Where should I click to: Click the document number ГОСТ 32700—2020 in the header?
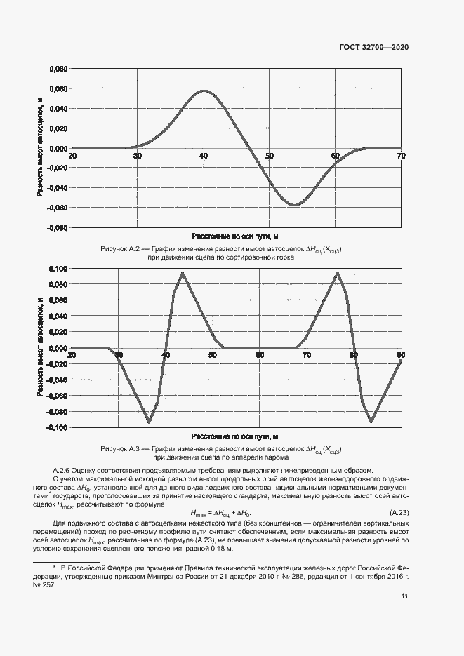pyautogui.click(x=373, y=47)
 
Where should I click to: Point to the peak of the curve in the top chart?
pyautogui.click(x=204, y=91)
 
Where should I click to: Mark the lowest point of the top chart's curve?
pyautogui.click(x=295, y=205)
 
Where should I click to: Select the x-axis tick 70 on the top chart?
pyautogui.click(x=401, y=155)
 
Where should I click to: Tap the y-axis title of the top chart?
pyautogui.click(x=39, y=148)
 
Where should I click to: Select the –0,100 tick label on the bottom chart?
pyautogui.click(x=57, y=427)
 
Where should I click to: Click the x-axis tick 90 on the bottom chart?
pyautogui.click(x=401, y=355)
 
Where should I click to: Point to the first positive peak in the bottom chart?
pyautogui.click(x=183, y=273)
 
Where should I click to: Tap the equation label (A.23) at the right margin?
pyautogui.click(x=399, y=513)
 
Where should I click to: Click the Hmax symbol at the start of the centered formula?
pyautogui.click(x=200, y=514)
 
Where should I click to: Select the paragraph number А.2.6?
pyautogui.click(x=65, y=469)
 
